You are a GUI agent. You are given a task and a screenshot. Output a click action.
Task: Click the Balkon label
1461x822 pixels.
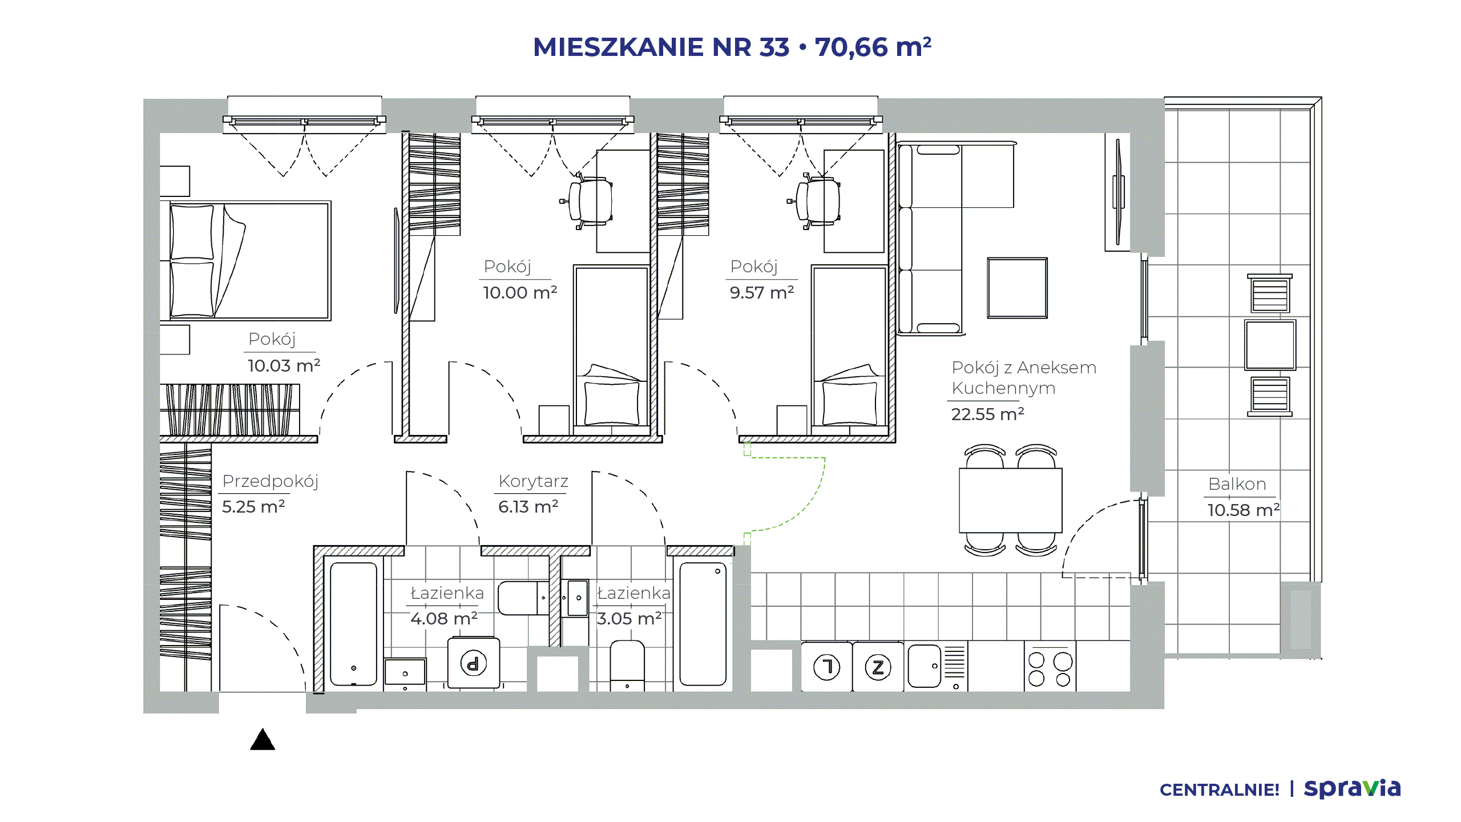[1237, 484]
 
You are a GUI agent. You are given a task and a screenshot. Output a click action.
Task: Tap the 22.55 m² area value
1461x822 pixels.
[987, 414]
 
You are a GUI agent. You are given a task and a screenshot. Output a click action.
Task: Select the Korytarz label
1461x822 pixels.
[533, 481]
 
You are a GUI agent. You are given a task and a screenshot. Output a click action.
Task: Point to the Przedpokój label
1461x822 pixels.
[270, 482]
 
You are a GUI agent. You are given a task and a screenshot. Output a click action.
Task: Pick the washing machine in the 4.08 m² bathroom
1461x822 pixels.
[473, 663]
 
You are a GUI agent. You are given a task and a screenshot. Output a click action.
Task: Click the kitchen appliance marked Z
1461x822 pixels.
[878, 667]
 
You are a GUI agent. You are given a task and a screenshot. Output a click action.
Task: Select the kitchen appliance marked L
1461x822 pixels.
[826, 667]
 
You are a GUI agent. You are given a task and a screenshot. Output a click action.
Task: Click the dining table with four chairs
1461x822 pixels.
[1010, 501]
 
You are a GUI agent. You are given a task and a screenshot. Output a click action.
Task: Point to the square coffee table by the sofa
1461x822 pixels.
[1017, 288]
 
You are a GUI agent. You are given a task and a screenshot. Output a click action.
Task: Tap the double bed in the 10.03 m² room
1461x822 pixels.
[250, 260]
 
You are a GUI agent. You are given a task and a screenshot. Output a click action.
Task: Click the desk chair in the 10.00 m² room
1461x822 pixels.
[588, 202]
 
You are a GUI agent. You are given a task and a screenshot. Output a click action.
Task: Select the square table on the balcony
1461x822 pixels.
[1270, 345]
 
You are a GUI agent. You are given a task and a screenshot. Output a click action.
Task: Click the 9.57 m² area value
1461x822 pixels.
[762, 293]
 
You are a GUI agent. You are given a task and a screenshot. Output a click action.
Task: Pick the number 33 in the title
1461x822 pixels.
[774, 47]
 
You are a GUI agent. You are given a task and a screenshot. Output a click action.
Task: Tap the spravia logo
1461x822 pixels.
[1352, 788]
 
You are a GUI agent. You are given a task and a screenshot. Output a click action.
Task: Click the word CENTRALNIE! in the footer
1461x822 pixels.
[1219, 790]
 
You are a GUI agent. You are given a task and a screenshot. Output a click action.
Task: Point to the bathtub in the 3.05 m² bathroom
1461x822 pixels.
[703, 624]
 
